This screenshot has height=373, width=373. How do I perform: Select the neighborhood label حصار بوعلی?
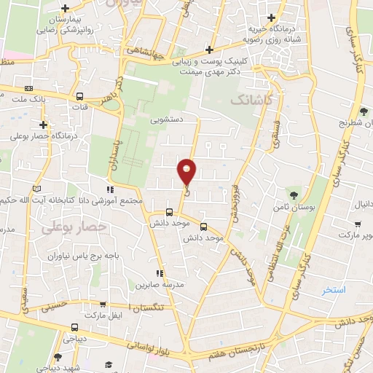click(x=74, y=228)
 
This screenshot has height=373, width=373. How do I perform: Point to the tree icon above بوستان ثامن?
click(x=294, y=195)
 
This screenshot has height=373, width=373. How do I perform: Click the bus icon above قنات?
click(x=79, y=96)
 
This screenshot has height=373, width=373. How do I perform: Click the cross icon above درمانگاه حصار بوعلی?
click(x=44, y=125)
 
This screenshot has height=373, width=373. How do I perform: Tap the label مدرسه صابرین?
click(x=157, y=283)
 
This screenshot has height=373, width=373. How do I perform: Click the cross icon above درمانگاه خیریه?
click(x=271, y=17)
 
